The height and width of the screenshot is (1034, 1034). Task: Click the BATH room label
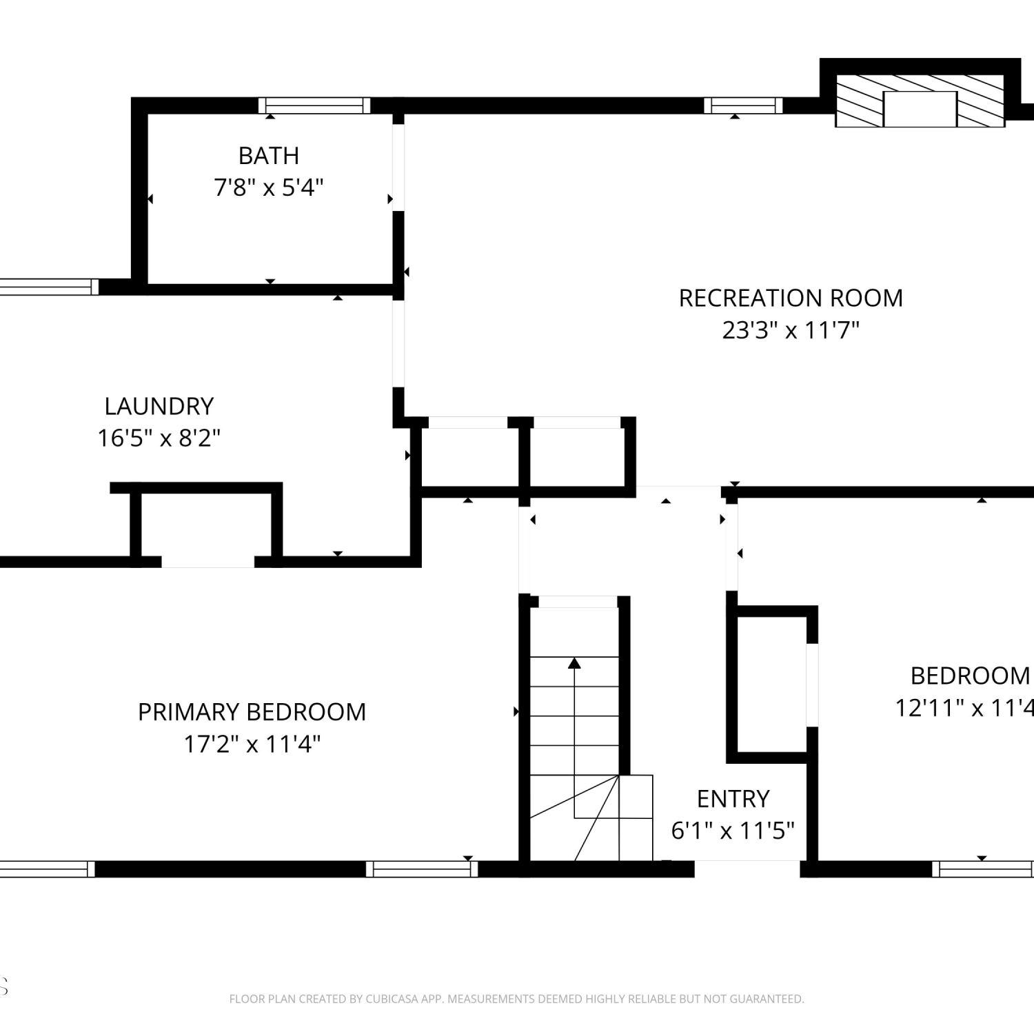(269, 156)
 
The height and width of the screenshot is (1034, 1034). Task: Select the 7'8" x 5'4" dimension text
(269, 187)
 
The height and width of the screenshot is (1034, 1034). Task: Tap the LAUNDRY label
(159, 406)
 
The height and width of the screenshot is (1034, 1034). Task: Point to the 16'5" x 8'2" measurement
(159, 438)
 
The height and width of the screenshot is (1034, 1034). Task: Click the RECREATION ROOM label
(791, 298)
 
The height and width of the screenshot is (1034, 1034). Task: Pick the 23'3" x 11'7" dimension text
(791, 330)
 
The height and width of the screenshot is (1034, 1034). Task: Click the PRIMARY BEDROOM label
(252, 712)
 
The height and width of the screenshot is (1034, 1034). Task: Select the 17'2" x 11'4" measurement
(252, 744)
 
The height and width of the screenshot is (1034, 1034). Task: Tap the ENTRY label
(733, 799)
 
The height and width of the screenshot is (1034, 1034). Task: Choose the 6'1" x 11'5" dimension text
(733, 831)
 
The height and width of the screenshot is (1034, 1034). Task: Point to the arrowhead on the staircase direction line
(574, 663)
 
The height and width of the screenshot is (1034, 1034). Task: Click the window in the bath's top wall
(314, 105)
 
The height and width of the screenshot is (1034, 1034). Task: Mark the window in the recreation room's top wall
(743, 105)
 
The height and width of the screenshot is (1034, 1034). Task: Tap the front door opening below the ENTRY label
(747, 869)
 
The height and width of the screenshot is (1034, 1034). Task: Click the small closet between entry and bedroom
(772, 685)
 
